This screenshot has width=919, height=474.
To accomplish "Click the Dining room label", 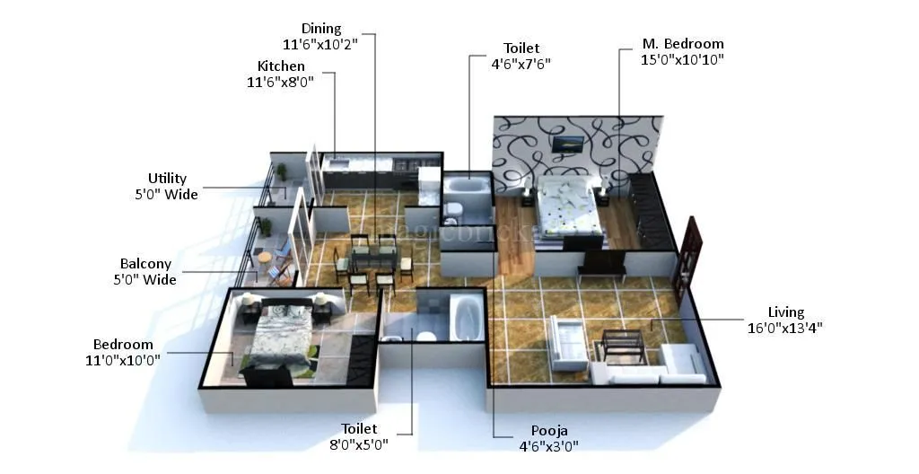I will click(x=321, y=29).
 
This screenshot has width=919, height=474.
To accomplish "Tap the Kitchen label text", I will click(x=281, y=66).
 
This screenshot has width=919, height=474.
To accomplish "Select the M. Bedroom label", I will click(x=682, y=44).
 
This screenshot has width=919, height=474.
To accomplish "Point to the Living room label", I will click(x=785, y=312).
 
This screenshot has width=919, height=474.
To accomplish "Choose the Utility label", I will click(x=167, y=179).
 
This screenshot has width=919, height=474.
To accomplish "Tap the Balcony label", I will click(x=145, y=264).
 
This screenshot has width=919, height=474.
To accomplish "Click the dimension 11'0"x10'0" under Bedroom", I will click(x=123, y=360).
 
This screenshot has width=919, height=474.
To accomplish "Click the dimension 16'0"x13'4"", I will click(x=785, y=328).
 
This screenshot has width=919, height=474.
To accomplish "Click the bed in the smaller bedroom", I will click(x=279, y=336).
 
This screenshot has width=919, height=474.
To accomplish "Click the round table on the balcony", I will click(x=264, y=258).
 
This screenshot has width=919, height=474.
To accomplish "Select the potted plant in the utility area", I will click(x=282, y=171).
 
